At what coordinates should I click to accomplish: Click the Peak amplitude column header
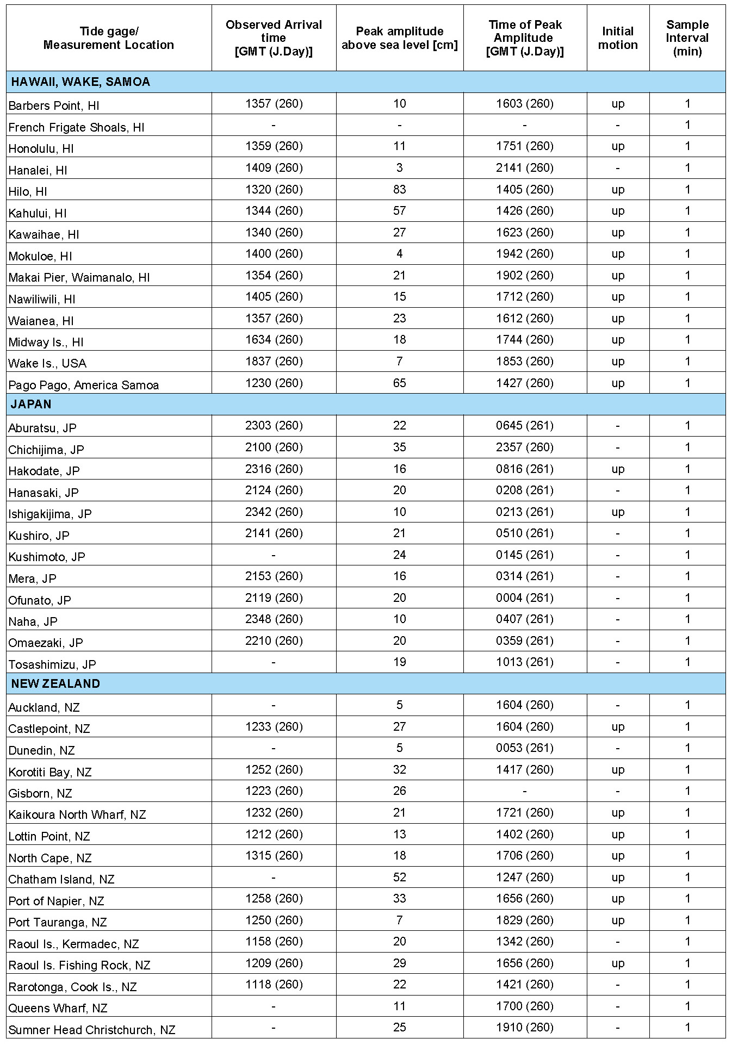pos(399,38)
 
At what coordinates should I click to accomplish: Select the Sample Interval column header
pos(687,38)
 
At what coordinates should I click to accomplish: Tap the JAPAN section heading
pos(32,404)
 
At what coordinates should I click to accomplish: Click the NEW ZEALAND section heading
pos(55,683)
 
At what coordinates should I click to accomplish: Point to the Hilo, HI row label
pos(28,191)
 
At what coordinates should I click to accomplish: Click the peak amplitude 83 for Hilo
pos(399,189)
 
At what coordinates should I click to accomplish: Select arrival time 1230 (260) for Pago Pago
pos(274,383)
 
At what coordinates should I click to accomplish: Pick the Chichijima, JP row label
pos(46,450)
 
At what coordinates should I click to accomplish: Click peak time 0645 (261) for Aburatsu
pos(524,426)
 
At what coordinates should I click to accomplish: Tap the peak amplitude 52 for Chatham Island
pos(399,877)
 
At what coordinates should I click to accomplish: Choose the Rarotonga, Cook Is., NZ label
pos(72,987)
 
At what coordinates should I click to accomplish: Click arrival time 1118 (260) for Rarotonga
pos(274,984)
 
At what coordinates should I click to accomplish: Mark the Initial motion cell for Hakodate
pos(618,469)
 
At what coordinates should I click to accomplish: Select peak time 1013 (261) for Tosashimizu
pos(524,662)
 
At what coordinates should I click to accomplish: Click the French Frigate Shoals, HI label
pos(76,127)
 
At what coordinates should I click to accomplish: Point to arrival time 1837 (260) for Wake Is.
pos(274,361)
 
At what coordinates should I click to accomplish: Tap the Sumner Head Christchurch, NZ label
pos(92,1030)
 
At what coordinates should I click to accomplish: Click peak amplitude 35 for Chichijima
pos(399,447)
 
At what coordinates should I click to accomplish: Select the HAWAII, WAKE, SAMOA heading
pos(80,82)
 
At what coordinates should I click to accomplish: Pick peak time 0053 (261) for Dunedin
pos(524,748)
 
